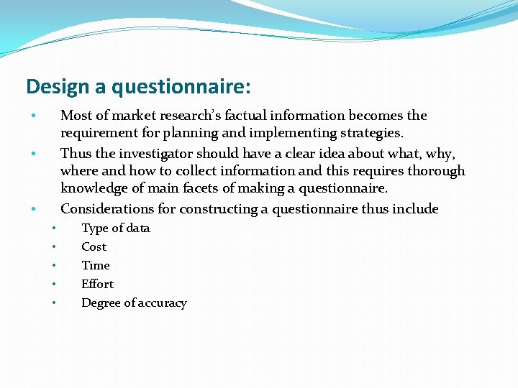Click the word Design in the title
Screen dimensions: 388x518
(x=55, y=87)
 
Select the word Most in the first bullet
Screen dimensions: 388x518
(x=75, y=115)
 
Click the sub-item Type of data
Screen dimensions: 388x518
(x=116, y=228)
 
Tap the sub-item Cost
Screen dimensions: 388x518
(x=94, y=247)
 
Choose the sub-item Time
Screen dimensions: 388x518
(x=96, y=266)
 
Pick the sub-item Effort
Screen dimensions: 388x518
(x=97, y=285)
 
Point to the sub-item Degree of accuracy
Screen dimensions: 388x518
(x=134, y=303)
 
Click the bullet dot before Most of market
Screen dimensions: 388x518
(x=32, y=116)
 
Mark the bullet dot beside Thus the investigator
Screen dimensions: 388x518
(x=32, y=154)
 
